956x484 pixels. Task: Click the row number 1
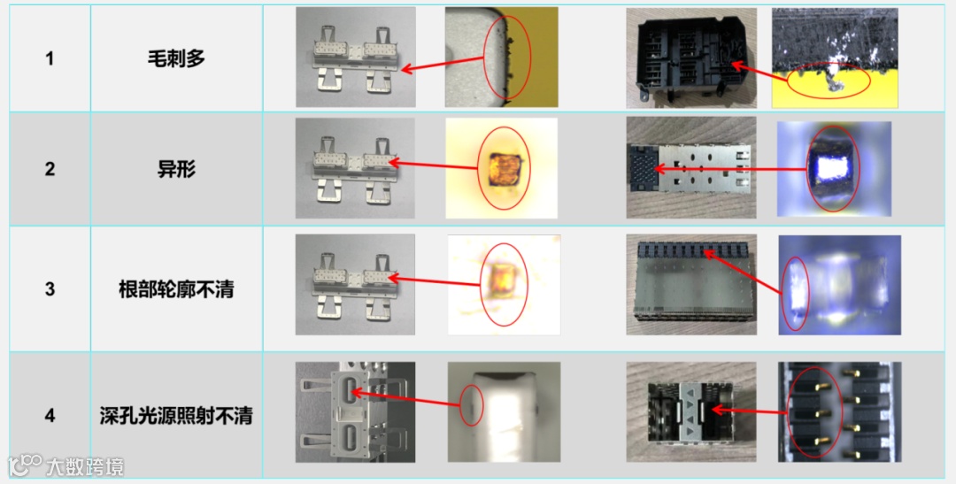pyautogui.click(x=50, y=58)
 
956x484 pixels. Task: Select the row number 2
pyautogui.click(x=50, y=169)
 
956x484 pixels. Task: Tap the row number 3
pyautogui.click(x=50, y=289)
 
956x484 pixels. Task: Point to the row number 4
pyautogui.click(x=50, y=416)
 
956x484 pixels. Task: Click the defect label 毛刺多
pyautogui.click(x=176, y=58)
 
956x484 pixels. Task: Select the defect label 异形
pyautogui.click(x=176, y=169)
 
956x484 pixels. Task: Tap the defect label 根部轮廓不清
pyautogui.click(x=176, y=289)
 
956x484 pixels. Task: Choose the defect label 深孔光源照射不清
pyautogui.click(x=176, y=416)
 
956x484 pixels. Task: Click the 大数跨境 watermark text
pyautogui.click(x=85, y=467)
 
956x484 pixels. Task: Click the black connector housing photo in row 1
pyautogui.click(x=691, y=58)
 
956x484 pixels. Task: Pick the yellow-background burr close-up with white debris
pyautogui.click(x=835, y=58)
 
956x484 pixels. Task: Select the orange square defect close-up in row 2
pyautogui.click(x=501, y=168)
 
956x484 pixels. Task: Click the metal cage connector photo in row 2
pyautogui.click(x=691, y=167)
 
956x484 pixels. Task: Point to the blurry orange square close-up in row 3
pyautogui.click(x=504, y=285)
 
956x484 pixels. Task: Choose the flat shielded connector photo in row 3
pyautogui.click(x=691, y=285)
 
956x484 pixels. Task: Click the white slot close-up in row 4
pyautogui.click(x=505, y=412)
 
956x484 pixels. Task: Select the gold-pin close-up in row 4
pyautogui.click(x=839, y=412)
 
